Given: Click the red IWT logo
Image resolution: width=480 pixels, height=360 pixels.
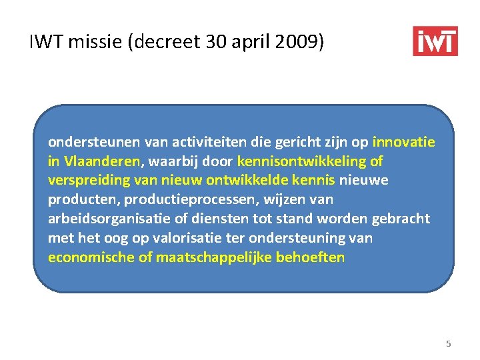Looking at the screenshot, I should pos(435,41).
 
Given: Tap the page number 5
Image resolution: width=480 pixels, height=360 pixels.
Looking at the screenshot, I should pos(448,344).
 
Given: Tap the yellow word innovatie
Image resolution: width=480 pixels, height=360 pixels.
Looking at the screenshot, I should pos(403,142).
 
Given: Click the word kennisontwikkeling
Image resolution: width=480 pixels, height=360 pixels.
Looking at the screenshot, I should pos(302,161).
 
